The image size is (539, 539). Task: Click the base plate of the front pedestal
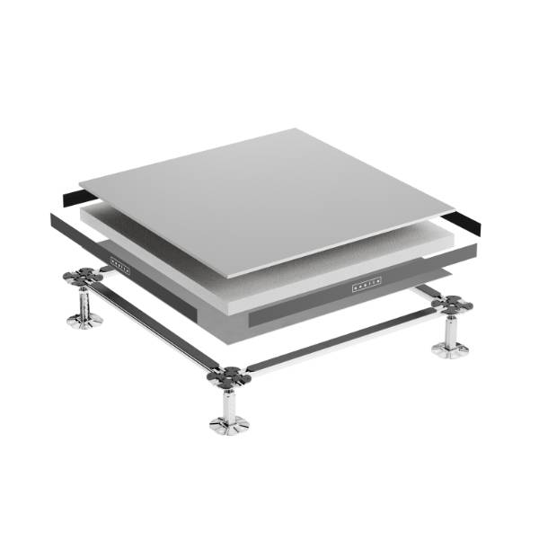click(229, 424)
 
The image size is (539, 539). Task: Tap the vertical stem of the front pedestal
click(229, 402)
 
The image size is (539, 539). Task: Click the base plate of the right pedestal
click(448, 349)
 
